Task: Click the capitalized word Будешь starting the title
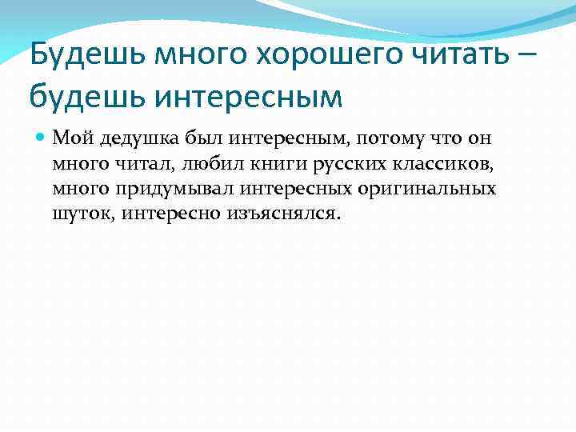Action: coord(82,56)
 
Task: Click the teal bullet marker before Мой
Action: coord(40,138)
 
